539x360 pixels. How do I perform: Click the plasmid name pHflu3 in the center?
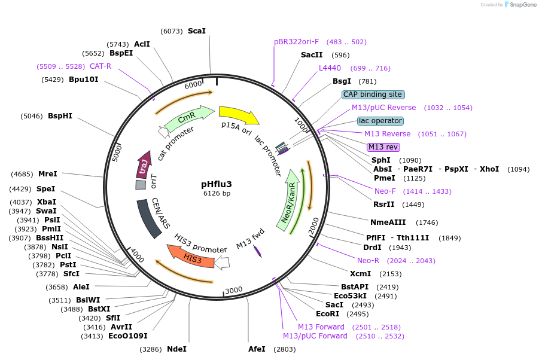pyautogui.click(x=216, y=184)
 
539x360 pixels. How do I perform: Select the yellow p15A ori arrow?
pyautogui.click(x=238, y=115)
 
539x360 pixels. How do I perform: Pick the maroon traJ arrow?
pyautogui.click(x=144, y=164)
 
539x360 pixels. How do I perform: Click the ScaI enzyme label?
pyautogui.click(x=196, y=30)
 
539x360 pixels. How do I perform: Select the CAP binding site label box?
pyautogui.click(x=373, y=94)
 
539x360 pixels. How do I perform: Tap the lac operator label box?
pyautogui.click(x=380, y=121)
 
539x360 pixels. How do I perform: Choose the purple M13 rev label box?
pyautogui.click(x=383, y=147)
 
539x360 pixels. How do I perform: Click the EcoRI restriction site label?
pyautogui.click(x=327, y=314)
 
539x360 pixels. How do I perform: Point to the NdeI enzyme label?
pyautogui.click(x=176, y=349)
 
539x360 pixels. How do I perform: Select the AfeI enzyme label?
pyautogui.click(x=257, y=349)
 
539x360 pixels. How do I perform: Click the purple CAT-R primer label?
pyautogui.click(x=101, y=66)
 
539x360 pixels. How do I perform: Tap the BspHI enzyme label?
pyautogui.click(x=60, y=116)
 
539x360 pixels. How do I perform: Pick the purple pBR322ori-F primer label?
pyautogui.click(x=297, y=42)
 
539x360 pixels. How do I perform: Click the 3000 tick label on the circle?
pyautogui.click(x=233, y=290)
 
